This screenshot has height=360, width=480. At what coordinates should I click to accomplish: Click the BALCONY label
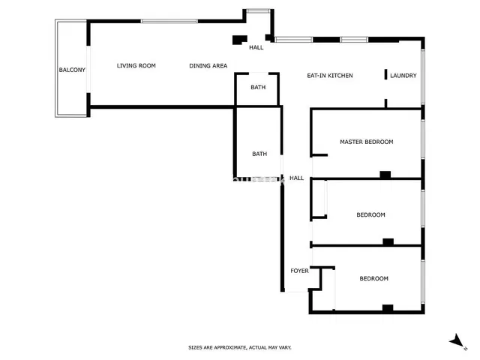tap(72, 70)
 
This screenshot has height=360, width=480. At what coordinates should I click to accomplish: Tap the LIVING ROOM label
tap(136, 66)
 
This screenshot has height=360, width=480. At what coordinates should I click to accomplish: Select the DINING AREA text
tap(208, 66)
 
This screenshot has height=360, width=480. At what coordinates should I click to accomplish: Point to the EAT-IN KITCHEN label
tap(330, 76)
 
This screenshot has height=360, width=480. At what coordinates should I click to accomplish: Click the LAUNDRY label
tap(403, 76)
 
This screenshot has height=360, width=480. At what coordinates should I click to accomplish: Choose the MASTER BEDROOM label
tap(366, 142)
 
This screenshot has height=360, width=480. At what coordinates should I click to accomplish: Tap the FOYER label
tap(299, 271)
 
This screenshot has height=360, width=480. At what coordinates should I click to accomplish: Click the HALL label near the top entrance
tap(256, 48)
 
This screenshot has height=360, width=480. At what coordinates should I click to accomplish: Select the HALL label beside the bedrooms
tap(296, 178)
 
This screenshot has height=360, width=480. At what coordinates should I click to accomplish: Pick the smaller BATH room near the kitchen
tap(258, 88)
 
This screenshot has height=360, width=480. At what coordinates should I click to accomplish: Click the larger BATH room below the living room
tap(259, 154)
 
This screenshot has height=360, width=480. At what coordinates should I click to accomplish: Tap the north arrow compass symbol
tap(455, 341)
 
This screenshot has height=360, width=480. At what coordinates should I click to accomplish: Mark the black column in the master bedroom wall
tap(385, 175)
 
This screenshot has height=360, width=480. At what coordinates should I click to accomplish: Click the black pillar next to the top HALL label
tap(239, 40)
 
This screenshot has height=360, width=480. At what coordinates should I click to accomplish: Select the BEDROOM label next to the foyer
tap(373, 279)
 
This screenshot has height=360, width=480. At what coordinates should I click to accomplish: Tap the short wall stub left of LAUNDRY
tap(385, 74)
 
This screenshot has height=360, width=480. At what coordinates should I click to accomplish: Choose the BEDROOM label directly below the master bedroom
tap(370, 215)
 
